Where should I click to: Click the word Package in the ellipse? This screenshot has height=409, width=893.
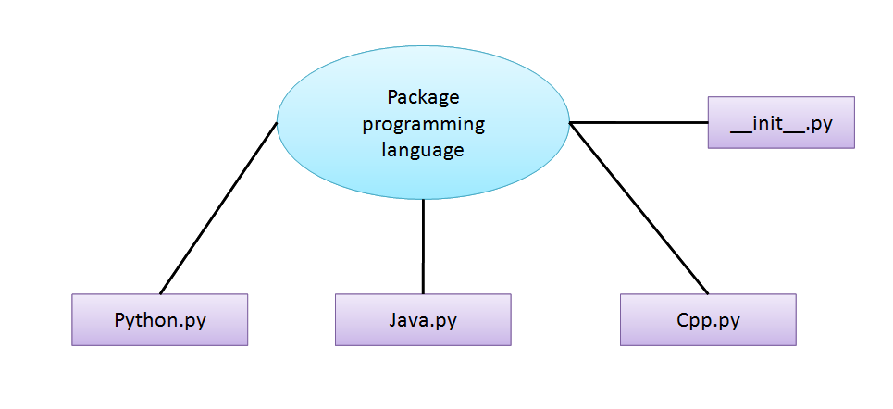tap(423, 97)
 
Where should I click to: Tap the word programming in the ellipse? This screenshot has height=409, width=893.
tap(423, 123)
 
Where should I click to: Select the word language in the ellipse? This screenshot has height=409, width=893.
tap(423, 149)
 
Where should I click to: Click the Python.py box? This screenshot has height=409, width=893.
tap(160, 320)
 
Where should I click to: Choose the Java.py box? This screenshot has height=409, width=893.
tap(423, 320)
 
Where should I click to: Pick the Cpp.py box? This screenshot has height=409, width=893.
tap(708, 320)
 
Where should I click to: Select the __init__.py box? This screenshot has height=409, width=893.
tap(780, 122)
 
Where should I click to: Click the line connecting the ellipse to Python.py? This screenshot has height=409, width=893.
tap(218, 208)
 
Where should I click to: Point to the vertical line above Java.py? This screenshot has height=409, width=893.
tap(423, 246)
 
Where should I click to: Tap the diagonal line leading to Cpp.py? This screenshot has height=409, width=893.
tap(639, 208)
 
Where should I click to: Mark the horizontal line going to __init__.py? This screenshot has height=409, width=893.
tap(639, 122)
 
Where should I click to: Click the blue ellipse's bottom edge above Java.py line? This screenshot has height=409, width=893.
tap(423, 198)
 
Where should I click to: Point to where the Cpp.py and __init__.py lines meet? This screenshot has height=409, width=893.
tap(570, 123)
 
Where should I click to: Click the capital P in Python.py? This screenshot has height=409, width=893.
tap(120, 320)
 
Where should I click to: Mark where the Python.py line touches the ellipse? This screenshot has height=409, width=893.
tap(277, 124)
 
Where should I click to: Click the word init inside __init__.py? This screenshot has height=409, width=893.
tap(770, 122)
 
